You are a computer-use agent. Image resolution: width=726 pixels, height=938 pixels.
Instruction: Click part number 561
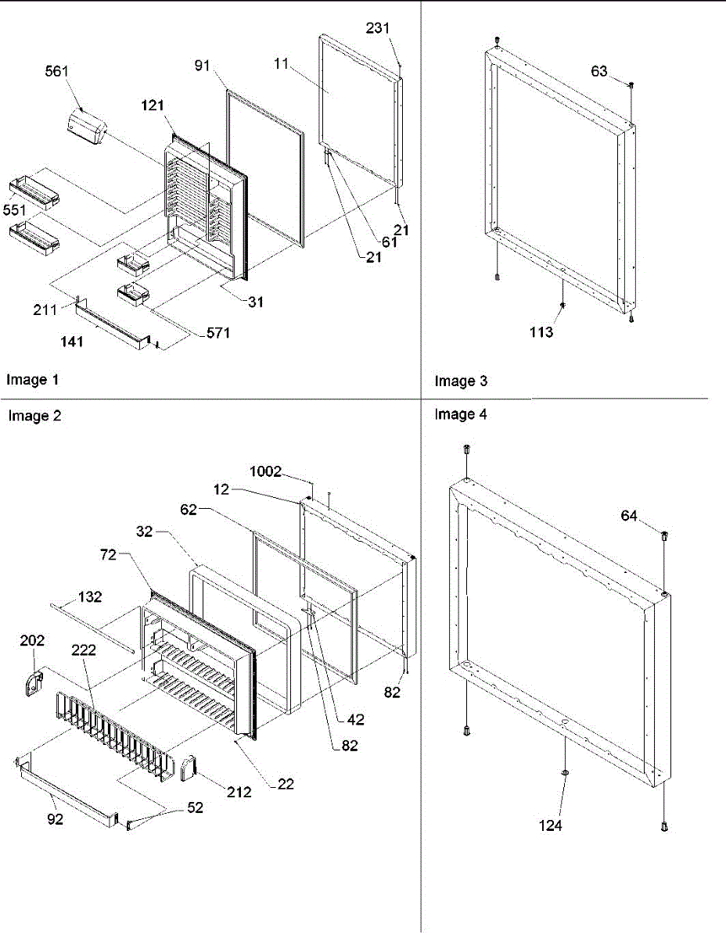(x=56, y=71)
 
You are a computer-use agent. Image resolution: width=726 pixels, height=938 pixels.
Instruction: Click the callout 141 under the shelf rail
(x=88, y=342)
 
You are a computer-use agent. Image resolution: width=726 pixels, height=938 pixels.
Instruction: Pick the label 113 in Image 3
(x=539, y=332)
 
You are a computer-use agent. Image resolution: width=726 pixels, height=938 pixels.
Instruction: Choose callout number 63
(x=599, y=72)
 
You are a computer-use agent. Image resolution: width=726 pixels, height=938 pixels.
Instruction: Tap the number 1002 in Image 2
(x=266, y=472)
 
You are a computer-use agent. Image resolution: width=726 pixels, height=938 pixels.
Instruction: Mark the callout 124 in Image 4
(x=551, y=825)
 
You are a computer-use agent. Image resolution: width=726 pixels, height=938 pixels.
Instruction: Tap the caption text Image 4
(x=461, y=415)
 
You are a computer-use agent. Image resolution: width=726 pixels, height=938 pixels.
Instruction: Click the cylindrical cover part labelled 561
(x=88, y=128)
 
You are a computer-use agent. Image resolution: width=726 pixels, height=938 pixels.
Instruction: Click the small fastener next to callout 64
(x=664, y=535)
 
